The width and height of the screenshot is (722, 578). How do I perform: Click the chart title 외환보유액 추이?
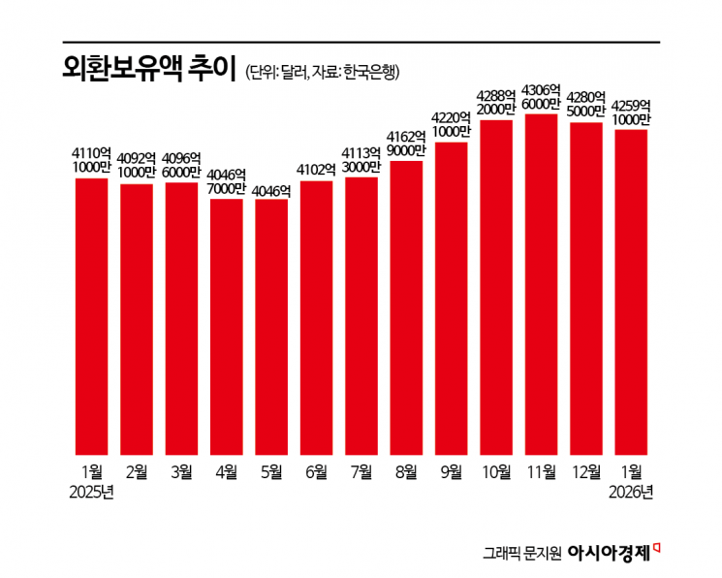pyautogui.click(x=144, y=70)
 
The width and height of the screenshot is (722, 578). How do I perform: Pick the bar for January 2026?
pyautogui.click(x=632, y=292)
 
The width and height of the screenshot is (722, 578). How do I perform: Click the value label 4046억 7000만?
pyautogui.click(x=227, y=182)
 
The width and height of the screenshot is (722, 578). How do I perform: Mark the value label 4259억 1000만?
pyautogui.click(x=632, y=112)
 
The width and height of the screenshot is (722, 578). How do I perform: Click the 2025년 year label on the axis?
pyautogui.click(x=92, y=492)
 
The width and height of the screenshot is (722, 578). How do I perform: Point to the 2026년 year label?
pyautogui.click(x=632, y=492)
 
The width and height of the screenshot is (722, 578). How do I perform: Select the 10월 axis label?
pyautogui.click(x=496, y=472)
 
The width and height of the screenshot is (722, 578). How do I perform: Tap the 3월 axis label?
pyautogui.click(x=181, y=472)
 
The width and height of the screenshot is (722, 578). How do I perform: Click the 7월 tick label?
pyautogui.click(x=361, y=472)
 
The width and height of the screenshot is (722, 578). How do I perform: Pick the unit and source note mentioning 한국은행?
pyautogui.click(x=323, y=73)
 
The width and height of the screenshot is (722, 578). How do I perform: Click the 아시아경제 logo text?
pyautogui.click(x=610, y=553)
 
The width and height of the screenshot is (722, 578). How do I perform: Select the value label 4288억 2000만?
pyautogui.click(x=496, y=104)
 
